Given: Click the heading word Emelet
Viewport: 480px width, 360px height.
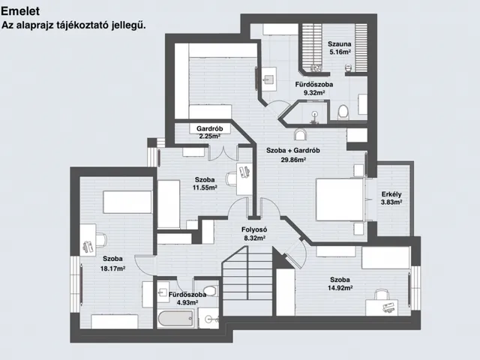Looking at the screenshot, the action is click(20, 11).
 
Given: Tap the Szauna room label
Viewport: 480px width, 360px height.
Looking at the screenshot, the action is click(340, 43).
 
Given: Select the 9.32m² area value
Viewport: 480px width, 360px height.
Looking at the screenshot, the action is click(314, 92).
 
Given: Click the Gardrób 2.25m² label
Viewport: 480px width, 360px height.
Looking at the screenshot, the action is click(210, 132).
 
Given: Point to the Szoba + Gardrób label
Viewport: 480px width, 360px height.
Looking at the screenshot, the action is click(293, 150).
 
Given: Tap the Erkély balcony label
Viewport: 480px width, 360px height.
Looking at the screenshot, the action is click(391, 194).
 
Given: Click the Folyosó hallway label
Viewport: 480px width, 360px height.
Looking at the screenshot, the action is click(254, 229).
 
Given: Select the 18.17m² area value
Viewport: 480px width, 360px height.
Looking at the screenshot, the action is click(112, 268).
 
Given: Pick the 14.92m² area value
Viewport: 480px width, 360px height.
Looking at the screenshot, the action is click(340, 288).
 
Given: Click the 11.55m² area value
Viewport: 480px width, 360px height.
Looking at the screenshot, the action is click(205, 187).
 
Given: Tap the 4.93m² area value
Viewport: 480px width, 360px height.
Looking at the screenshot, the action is click(187, 302).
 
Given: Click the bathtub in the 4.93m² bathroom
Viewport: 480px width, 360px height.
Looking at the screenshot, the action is click(176, 319).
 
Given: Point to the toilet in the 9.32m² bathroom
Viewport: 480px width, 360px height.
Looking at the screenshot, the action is click(343, 112).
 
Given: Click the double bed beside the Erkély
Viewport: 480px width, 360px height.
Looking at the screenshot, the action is click(340, 199).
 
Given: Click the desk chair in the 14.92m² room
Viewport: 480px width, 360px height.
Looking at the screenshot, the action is click(382, 295).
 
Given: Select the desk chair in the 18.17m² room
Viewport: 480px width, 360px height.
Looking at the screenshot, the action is click(100, 239).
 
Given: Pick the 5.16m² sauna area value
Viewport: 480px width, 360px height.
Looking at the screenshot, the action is click(340, 52).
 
